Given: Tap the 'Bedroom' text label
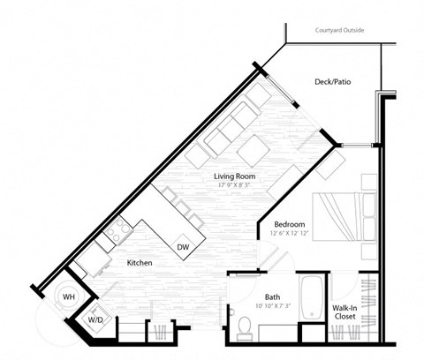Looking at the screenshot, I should tap(289, 224).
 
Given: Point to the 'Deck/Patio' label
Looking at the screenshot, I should tap(333, 82).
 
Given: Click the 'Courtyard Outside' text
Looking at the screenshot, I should tap(340, 31).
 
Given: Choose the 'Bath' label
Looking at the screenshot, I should tap(274, 296).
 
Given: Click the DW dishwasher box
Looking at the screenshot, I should tap(184, 246).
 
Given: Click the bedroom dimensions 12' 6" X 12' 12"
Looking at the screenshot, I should tap(289, 235).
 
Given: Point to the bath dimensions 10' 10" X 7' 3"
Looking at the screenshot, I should tap(274, 307).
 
